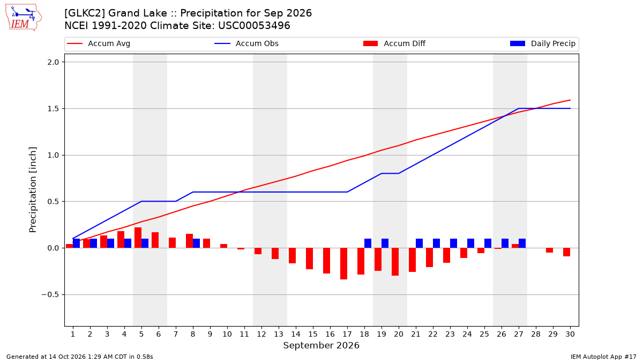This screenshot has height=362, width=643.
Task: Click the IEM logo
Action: point(24,18)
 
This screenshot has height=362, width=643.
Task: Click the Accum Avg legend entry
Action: point(99,43)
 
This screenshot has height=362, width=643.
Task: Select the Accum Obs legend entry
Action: point(246,43)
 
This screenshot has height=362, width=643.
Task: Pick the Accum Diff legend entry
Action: point(394,43)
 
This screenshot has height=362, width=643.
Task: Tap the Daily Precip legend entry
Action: point(542,43)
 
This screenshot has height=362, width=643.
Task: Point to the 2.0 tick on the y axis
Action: point(53,62)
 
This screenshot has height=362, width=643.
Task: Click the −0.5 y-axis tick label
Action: point(50,295)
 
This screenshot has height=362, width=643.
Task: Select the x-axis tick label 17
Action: point(347,334)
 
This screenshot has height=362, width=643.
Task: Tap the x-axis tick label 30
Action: point(570,334)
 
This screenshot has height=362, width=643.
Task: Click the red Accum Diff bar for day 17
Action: point(343,264)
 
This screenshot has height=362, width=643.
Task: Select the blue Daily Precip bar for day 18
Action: point(368,243)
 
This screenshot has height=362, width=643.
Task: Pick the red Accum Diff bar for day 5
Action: point(138,238)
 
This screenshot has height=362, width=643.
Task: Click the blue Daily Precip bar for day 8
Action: point(196,243)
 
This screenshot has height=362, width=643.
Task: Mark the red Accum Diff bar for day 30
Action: point(567,252)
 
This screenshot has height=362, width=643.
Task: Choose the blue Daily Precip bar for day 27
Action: point(522,243)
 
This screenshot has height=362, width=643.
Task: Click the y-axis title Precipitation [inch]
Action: point(33,190)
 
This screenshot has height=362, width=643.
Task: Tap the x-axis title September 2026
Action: point(321,345)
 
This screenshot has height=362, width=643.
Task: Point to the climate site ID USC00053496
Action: point(254,26)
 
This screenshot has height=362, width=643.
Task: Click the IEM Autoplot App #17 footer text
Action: point(603,357)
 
